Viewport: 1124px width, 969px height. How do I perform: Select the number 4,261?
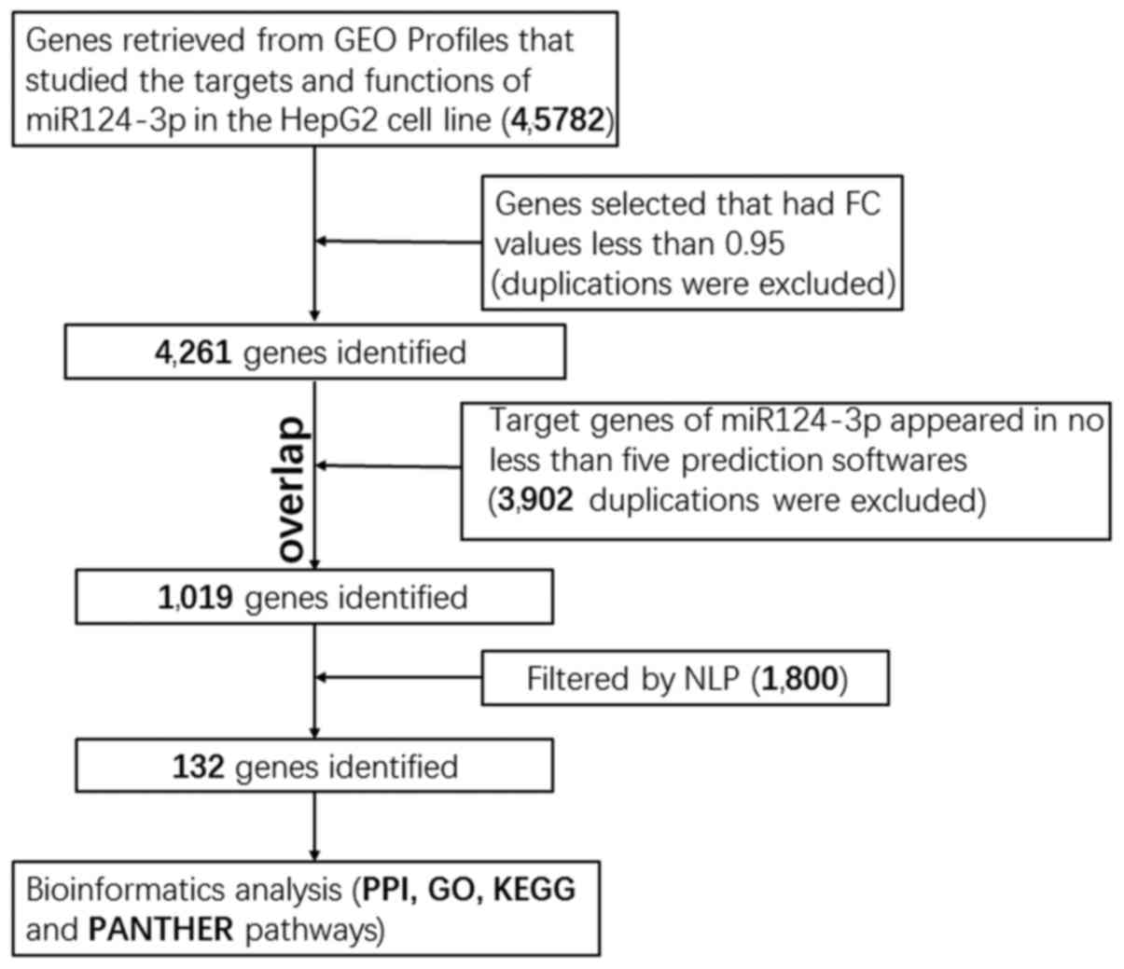pyautogui.click(x=193, y=353)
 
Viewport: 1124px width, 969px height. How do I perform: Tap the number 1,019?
pyautogui.click(x=195, y=597)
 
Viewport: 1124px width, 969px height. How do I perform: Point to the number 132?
pyautogui.click(x=198, y=767)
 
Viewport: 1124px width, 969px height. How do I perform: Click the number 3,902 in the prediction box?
pyautogui.click(x=535, y=500)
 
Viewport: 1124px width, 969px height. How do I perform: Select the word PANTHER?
pyautogui.click(x=160, y=929)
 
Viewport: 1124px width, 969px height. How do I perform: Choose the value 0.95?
pyautogui.click(x=754, y=243)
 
